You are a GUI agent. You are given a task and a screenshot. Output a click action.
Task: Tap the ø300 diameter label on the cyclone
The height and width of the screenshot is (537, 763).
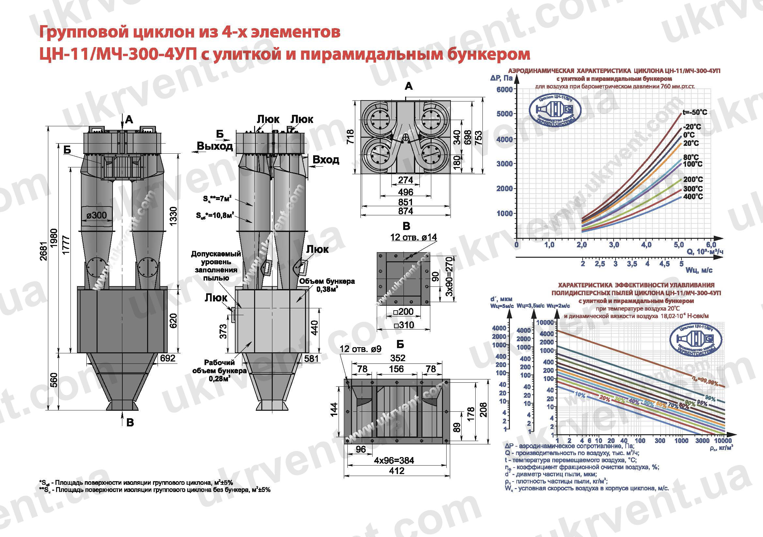[96, 215]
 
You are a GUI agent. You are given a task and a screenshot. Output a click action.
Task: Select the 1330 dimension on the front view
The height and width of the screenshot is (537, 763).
[174, 216]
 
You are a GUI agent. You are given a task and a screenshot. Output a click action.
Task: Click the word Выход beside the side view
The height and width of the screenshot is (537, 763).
[215, 146]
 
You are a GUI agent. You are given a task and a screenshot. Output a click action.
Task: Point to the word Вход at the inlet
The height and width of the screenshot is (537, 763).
[326, 160]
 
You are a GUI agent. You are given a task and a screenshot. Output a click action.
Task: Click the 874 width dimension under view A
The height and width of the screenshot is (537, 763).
[405, 211]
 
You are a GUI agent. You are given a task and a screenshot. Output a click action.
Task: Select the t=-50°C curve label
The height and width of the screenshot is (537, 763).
[695, 112]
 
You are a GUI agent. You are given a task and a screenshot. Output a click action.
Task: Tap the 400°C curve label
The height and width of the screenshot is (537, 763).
[693, 197]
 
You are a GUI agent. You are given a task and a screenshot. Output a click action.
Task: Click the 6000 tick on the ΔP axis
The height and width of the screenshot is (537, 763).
[504, 89]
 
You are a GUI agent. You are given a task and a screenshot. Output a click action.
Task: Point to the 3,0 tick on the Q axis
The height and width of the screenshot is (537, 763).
[614, 245]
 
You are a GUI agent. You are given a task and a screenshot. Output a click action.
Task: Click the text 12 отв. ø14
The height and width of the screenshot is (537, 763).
[413, 237]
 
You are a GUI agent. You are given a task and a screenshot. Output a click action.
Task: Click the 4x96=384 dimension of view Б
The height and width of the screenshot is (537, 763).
[394, 460]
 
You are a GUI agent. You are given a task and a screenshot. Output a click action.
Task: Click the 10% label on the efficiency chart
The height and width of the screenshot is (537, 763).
[580, 394]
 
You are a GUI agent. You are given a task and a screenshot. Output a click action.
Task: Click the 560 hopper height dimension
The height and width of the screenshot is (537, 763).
[54, 380]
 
